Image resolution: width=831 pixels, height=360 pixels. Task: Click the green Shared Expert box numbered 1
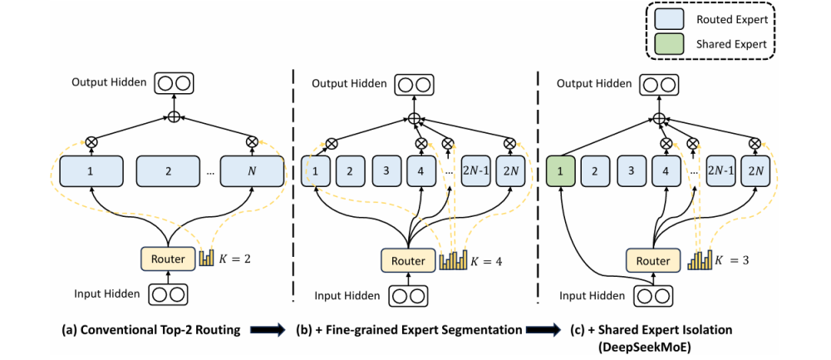point(561,172)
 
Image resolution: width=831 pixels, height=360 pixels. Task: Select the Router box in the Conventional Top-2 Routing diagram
point(167,259)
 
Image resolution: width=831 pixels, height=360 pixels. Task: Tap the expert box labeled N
point(252,172)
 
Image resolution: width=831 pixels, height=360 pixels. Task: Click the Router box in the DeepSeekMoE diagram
point(652,261)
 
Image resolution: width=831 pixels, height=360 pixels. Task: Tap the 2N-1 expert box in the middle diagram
point(475,172)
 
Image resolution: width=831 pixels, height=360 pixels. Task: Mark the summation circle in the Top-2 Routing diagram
point(174,116)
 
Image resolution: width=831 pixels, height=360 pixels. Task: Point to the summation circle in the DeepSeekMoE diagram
point(660,119)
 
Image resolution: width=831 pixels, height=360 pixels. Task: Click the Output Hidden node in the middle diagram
point(411,84)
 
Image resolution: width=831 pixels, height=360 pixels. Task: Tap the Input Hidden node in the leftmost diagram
point(165,293)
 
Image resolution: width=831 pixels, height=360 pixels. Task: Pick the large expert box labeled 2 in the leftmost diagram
point(169,172)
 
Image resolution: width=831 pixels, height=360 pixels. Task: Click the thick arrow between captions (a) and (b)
point(268,330)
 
